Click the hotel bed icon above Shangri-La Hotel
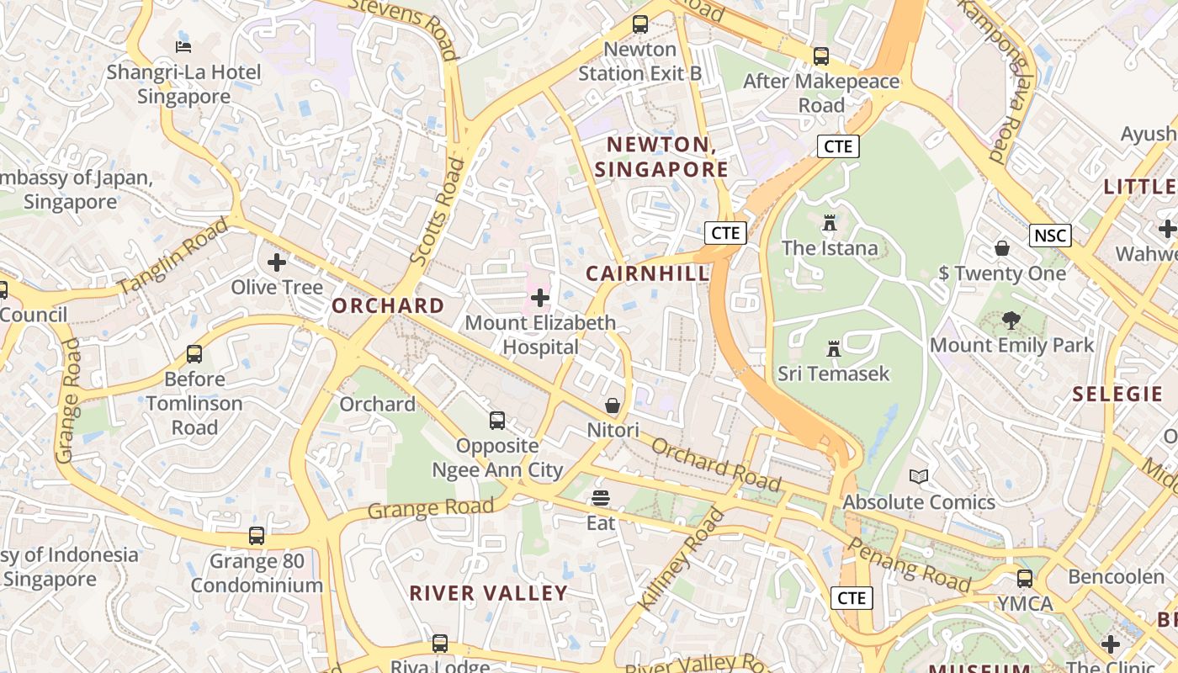(183, 45)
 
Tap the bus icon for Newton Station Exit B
(640, 24)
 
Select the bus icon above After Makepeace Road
(820, 56)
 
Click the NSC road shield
(1050, 236)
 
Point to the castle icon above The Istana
(830, 223)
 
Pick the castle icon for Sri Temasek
(834, 348)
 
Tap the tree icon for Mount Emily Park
(1011, 321)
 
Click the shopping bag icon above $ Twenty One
(1002, 248)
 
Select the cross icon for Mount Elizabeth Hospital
(540, 298)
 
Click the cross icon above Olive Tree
(277, 262)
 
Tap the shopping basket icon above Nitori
(613, 405)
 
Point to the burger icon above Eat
(600, 498)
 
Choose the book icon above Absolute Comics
(919, 477)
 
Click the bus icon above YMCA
(1025, 579)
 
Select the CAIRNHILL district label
(648, 273)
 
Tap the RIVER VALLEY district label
(488, 593)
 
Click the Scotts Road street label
(437, 214)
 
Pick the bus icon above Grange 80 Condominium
(256, 535)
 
